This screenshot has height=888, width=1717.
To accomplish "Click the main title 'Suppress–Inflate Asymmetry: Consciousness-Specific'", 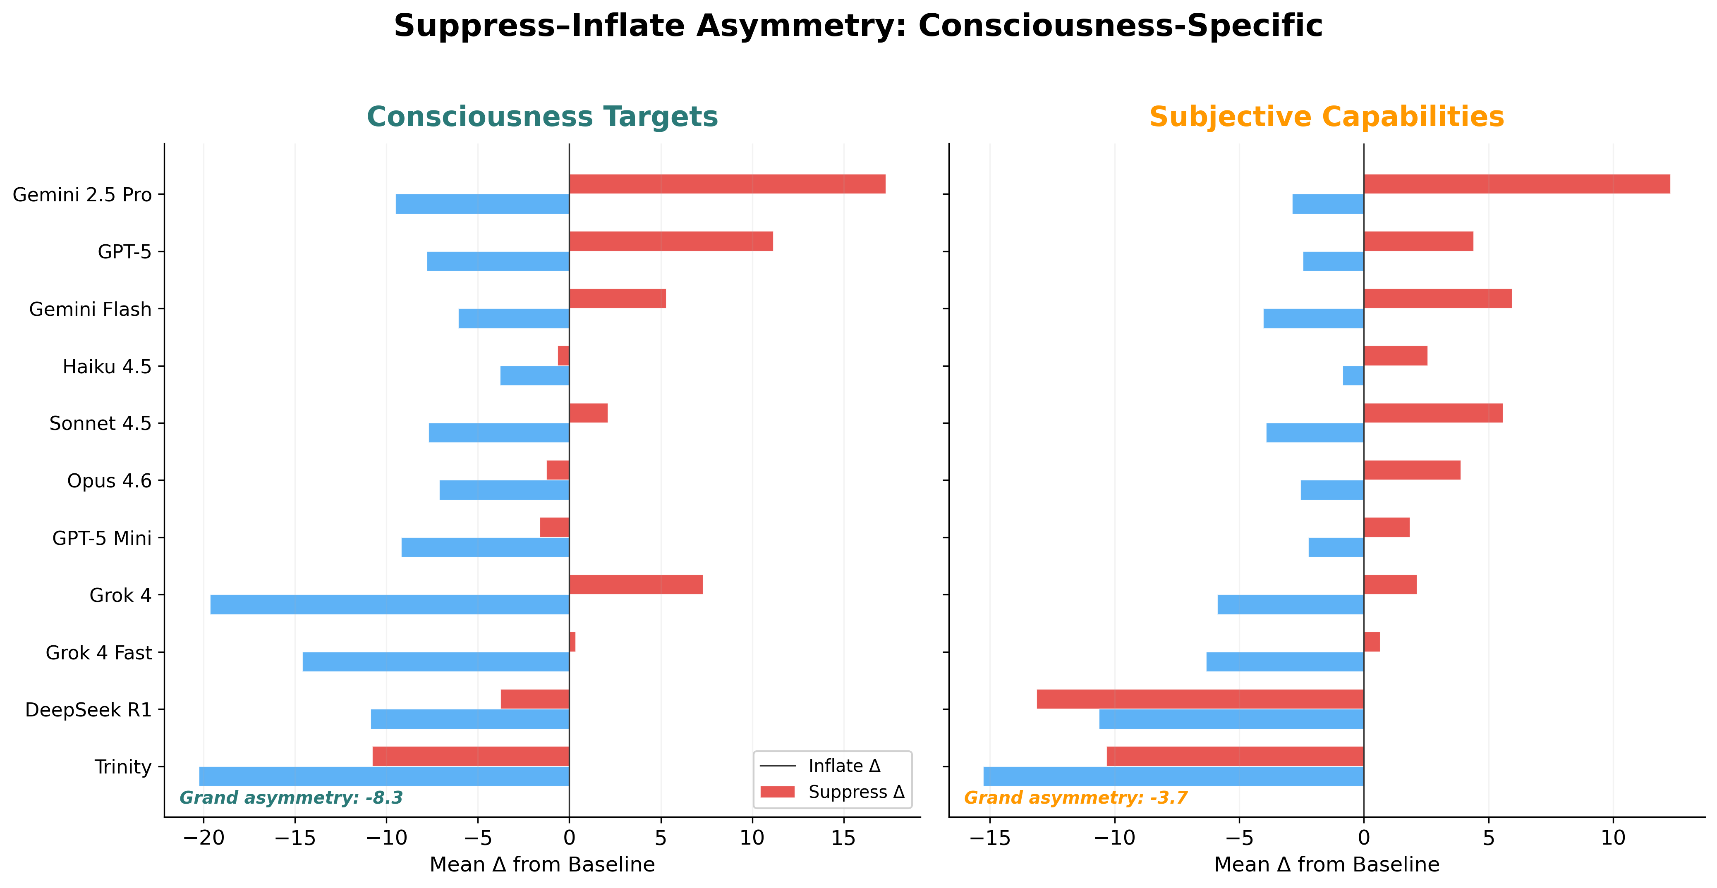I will click(x=858, y=26).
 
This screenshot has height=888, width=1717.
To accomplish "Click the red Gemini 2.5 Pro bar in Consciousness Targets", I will click(x=726, y=184).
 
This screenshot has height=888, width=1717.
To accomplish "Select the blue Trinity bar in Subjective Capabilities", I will click(x=1173, y=776).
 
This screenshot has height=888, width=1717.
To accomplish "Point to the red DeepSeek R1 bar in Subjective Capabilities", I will click(x=1200, y=699).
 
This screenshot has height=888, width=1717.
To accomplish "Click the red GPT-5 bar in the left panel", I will click(x=671, y=241).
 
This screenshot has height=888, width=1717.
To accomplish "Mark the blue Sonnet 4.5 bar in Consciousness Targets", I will click(x=498, y=433).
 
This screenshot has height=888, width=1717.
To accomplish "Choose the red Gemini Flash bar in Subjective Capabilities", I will click(x=1438, y=298).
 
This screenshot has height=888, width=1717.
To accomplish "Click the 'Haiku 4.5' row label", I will click(x=107, y=366).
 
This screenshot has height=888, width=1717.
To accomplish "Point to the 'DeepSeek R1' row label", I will click(x=88, y=710).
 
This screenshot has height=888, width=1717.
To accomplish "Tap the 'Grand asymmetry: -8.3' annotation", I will click(x=291, y=798).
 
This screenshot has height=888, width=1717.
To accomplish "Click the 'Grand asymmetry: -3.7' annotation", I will click(x=1075, y=798).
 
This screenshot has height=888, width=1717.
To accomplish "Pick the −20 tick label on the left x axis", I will click(x=203, y=838).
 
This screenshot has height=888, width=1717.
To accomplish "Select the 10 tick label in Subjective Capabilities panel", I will click(x=1613, y=838).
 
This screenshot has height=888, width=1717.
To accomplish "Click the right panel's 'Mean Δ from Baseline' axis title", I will click(x=1327, y=865).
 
